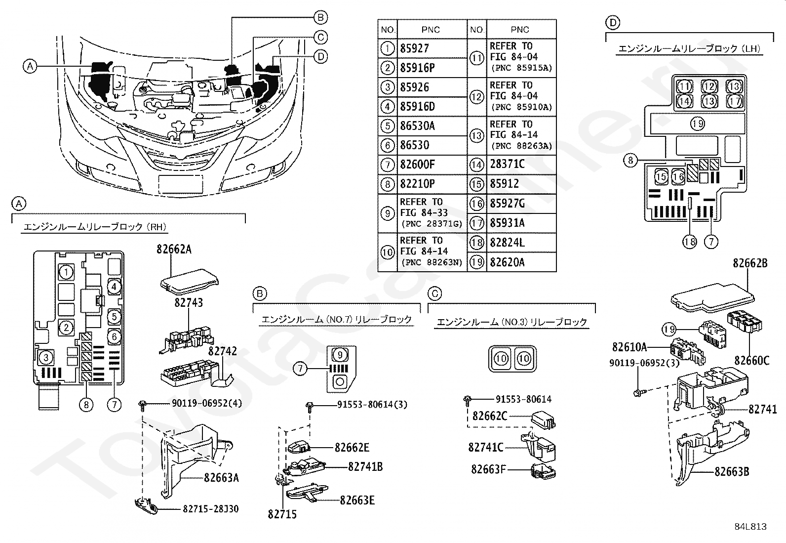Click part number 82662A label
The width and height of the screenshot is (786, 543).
coord(174,250)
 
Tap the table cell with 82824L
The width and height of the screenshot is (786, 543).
coord(507,243)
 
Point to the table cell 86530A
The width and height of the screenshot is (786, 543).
coord(417,126)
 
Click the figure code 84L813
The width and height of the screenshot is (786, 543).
coord(750,527)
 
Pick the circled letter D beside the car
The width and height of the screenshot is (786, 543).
coord(321,57)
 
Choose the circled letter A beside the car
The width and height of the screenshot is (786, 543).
coord(31,66)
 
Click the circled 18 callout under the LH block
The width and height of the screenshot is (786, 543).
coord(689,242)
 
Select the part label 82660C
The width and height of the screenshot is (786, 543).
coord(751,361)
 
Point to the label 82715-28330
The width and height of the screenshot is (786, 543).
coord(211,508)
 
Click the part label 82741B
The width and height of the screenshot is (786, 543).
coord(365,467)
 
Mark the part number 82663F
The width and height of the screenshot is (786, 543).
coord(488,469)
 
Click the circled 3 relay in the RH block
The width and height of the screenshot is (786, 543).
coord(45,357)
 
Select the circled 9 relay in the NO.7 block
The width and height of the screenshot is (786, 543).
coord(340,354)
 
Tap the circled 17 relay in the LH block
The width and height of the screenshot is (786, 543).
coord(734,101)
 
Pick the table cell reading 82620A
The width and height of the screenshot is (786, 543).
coord(507,262)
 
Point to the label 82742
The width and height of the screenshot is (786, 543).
coord(223,351)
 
